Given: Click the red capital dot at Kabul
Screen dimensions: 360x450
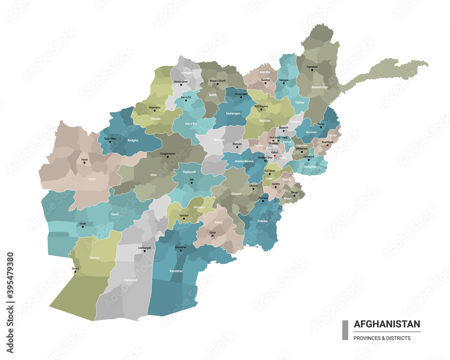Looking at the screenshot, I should [281, 156].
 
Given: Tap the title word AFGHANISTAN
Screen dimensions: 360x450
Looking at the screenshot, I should [387, 324].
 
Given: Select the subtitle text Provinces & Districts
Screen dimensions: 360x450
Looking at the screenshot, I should [382, 338].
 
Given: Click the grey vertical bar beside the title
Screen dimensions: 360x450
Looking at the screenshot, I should [345, 330].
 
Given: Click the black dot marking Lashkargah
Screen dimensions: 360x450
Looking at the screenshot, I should [144, 251].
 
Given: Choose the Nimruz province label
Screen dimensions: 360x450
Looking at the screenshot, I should [94, 258].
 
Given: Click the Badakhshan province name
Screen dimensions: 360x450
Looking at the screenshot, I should [319, 87].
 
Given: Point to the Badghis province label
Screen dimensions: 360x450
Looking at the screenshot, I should [133, 140].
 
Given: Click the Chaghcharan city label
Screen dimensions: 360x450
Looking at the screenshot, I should [167, 153].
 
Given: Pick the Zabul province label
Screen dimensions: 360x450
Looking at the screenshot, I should [218, 222].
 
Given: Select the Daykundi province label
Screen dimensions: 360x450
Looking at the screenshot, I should [189, 172].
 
